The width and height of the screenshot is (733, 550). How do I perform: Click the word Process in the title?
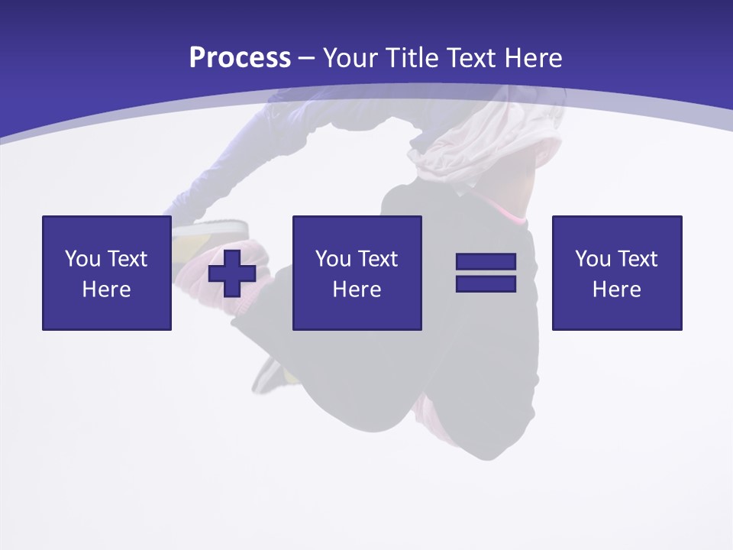[240, 57]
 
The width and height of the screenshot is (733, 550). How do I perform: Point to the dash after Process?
[307, 58]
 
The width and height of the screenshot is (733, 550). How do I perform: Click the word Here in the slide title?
[534, 57]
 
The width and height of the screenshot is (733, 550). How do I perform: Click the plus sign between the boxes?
[232, 273]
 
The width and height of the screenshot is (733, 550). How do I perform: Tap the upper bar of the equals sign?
[486, 262]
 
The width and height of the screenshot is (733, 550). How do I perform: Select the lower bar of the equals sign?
[486, 283]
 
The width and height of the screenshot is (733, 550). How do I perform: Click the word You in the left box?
[83, 259]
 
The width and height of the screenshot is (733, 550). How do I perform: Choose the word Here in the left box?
[106, 290]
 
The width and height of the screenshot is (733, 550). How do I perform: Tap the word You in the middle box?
[334, 259]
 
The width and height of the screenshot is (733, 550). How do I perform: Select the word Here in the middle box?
[357, 290]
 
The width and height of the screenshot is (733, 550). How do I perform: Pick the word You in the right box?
[593, 259]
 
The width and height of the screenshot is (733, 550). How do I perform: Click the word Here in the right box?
[616, 290]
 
